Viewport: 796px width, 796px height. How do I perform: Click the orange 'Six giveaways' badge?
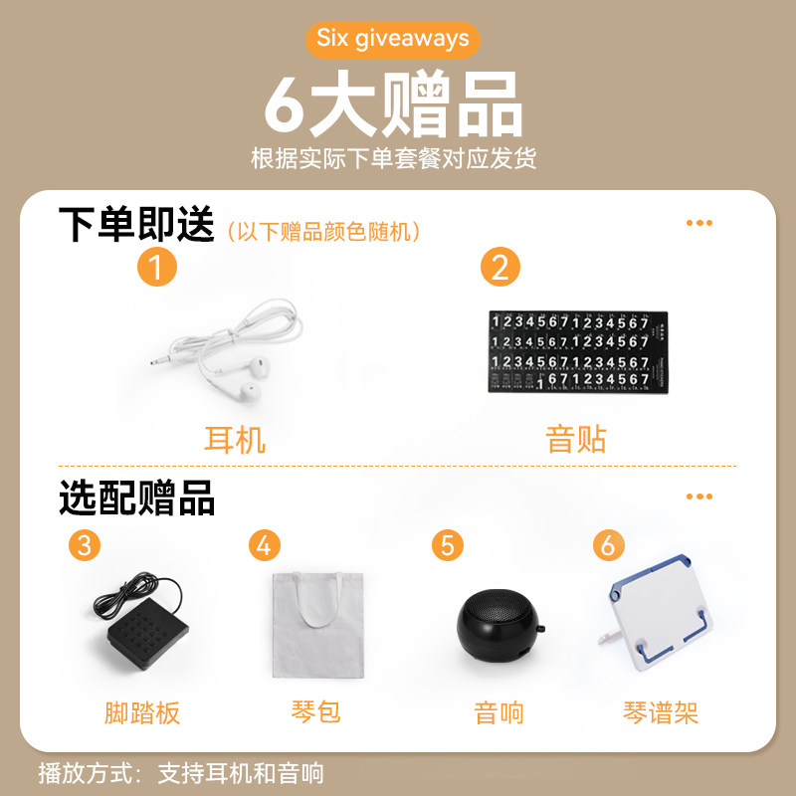point(393,39)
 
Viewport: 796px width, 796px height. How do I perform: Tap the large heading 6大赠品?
point(393,104)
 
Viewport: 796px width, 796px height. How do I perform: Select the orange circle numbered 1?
point(156,269)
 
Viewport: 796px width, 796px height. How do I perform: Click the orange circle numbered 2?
point(500,269)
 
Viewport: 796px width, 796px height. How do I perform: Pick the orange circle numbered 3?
point(86,545)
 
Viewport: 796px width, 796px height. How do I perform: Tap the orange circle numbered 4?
point(264,545)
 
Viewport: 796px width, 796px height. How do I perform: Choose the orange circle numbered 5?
point(448,545)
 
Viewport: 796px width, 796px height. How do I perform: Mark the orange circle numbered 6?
point(609,545)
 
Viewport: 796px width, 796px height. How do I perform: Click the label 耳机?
point(235,439)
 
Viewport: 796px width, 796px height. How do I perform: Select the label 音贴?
point(575,439)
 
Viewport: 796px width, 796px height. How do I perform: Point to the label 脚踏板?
point(142,712)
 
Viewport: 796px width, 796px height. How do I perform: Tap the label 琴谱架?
point(661,712)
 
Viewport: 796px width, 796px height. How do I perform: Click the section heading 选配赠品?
point(136,497)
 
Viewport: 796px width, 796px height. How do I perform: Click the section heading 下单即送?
point(136,225)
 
